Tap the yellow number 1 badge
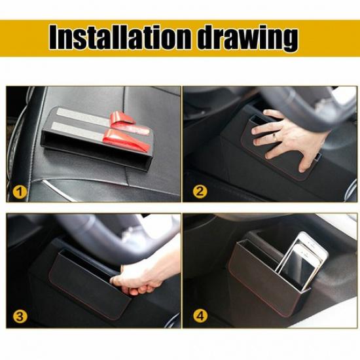[x=21, y=192]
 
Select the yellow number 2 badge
[x=199, y=192]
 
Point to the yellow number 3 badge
[x=21, y=317]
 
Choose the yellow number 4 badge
[x=199, y=317]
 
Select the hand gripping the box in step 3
[x=141, y=278]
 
